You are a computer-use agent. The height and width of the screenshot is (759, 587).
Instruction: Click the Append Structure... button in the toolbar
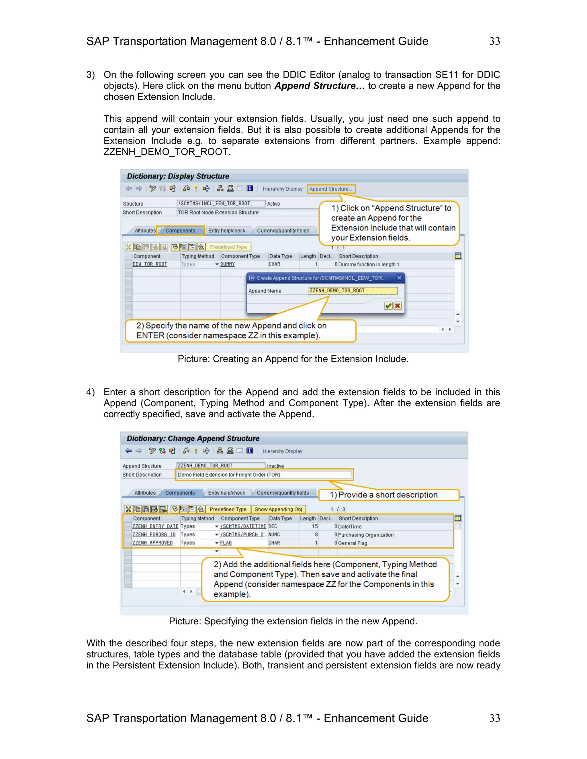pyautogui.click(x=331, y=189)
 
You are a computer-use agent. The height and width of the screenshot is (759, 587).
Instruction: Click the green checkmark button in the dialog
pyautogui.click(x=388, y=306)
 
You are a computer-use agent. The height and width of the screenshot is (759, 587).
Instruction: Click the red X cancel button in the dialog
pyautogui.click(x=398, y=306)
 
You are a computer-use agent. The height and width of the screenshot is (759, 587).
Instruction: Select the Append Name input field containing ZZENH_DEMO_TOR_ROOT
pyautogui.click(x=352, y=290)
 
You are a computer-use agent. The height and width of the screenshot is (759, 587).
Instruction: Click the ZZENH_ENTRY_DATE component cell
pyautogui.click(x=155, y=526)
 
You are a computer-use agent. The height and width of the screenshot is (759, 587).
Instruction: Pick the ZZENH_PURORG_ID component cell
pyautogui.click(x=154, y=535)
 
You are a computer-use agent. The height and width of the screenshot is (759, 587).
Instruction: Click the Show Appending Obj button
pyautogui.click(x=278, y=510)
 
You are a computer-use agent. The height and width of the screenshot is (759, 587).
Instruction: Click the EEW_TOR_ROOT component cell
pyautogui.click(x=150, y=264)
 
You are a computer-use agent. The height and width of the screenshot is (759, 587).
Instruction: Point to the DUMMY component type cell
pyautogui.click(x=227, y=264)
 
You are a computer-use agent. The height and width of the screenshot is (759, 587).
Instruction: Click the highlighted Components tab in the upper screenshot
pyautogui.click(x=180, y=231)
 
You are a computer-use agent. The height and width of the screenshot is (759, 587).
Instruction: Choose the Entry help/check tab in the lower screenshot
pyautogui.click(x=226, y=493)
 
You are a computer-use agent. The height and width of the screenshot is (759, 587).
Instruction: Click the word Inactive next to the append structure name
pyautogui.click(x=275, y=466)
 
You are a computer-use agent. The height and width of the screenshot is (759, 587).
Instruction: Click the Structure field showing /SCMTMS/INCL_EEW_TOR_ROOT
pyautogui.click(x=220, y=204)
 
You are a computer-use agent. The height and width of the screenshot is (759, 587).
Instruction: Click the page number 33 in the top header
pyautogui.click(x=494, y=41)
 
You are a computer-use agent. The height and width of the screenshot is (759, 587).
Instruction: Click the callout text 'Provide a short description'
pyautogui.click(x=388, y=495)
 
